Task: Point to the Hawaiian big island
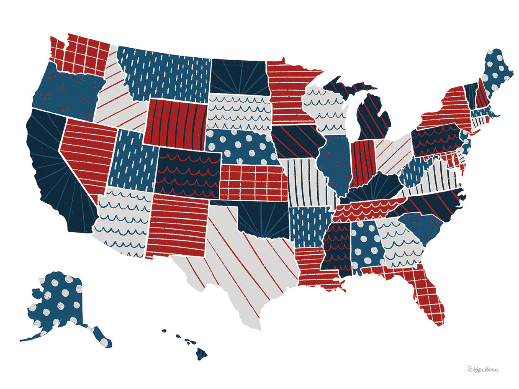point(201,355)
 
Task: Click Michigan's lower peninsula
point(373,117)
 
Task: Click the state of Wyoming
point(176,121)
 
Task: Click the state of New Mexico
point(178,226)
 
